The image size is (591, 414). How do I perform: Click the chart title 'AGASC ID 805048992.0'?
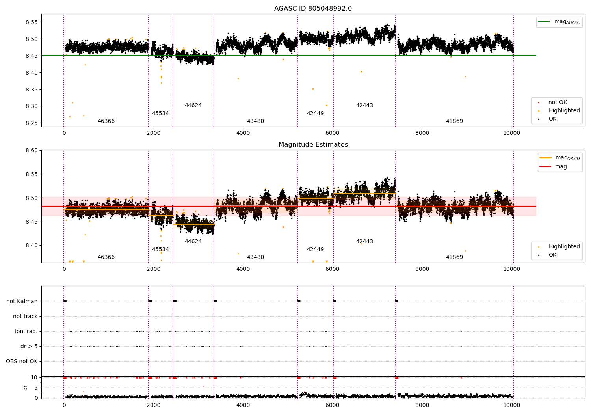click(x=313, y=8)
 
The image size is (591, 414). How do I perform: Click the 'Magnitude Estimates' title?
click(x=313, y=144)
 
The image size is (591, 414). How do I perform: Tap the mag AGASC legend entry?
click(x=559, y=22)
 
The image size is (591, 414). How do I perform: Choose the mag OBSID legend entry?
click(x=560, y=158)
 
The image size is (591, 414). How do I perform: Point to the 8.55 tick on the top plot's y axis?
click(x=32, y=22)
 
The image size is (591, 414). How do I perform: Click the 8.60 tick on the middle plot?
click(x=32, y=151)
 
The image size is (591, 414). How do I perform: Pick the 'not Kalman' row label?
click(x=22, y=301)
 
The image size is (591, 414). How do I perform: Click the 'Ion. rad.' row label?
click(x=26, y=331)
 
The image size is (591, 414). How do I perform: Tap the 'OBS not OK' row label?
click(x=22, y=361)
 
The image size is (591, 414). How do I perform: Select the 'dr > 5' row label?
click(x=29, y=346)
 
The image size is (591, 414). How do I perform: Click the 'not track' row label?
click(x=25, y=316)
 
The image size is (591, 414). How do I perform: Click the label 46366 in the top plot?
click(x=106, y=121)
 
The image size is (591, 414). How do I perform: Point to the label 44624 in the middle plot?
click(x=193, y=241)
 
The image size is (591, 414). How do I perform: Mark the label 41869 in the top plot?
click(x=454, y=121)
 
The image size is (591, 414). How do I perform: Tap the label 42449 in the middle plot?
click(x=315, y=249)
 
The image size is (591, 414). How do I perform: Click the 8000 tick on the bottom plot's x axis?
click(x=422, y=405)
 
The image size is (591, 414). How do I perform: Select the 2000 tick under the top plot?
click(x=154, y=133)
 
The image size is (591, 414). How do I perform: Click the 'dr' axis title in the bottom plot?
click(x=25, y=388)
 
